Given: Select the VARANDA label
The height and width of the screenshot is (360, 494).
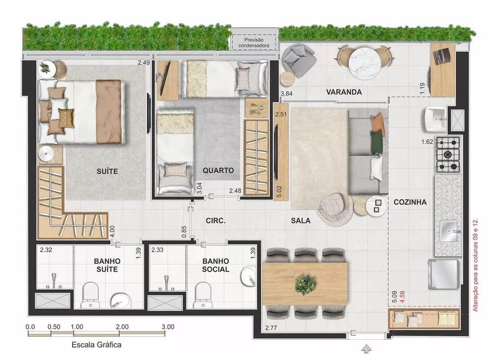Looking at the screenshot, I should (x=344, y=92).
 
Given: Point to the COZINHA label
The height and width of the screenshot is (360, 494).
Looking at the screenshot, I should (x=410, y=202).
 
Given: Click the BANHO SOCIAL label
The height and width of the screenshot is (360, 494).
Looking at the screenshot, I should (x=215, y=265).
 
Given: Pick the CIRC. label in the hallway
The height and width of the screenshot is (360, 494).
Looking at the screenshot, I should (x=215, y=221).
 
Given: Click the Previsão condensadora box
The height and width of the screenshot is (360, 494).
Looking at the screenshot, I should (x=254, y=42).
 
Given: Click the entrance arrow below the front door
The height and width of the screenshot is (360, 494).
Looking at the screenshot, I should (x=366, y=349).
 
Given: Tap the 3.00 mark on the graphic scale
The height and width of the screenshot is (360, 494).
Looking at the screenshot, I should (x=168, y=326).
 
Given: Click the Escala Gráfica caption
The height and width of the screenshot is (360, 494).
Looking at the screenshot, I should (x=96, y=345).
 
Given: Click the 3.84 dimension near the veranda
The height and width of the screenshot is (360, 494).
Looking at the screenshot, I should (x=287, y=93).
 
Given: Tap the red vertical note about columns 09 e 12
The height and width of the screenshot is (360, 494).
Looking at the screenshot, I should (x=476, y=266).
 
